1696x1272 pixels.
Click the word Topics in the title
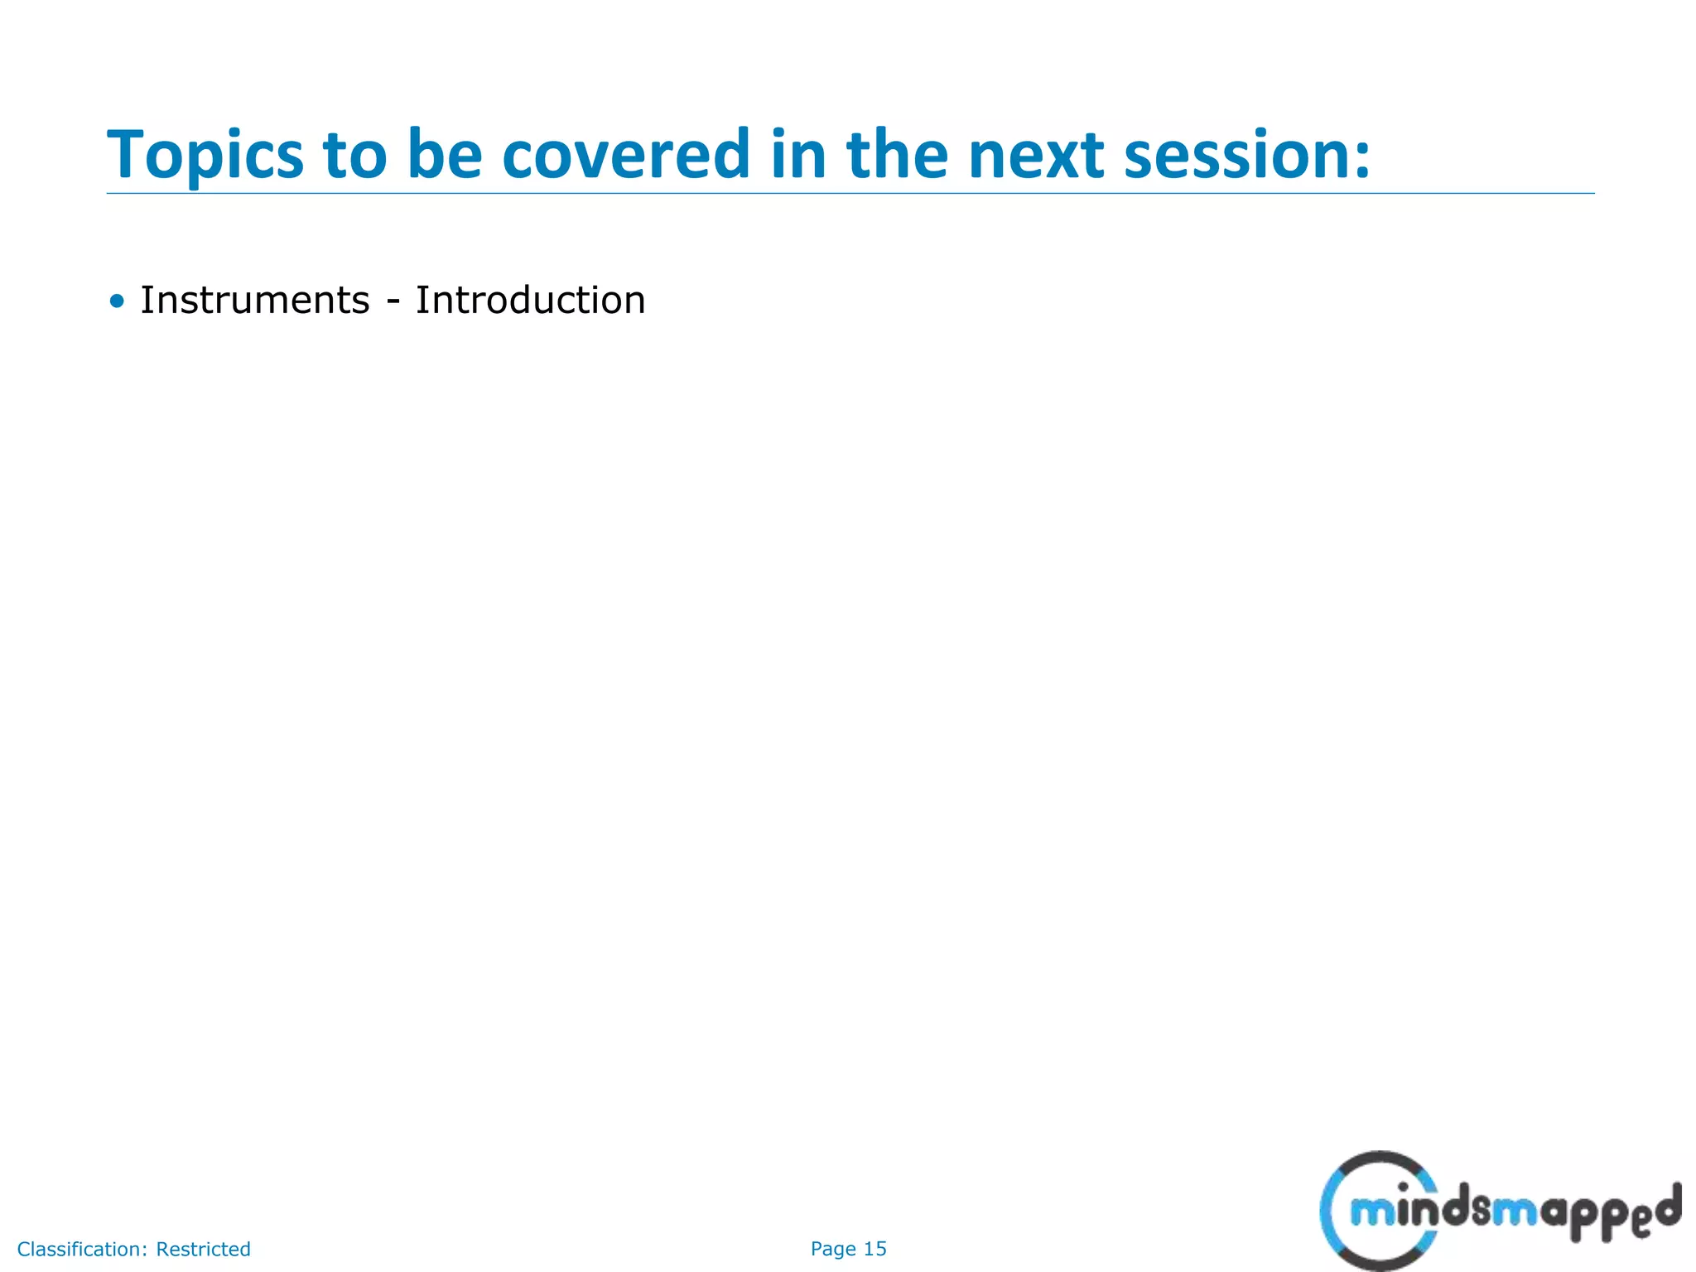pos(205,156)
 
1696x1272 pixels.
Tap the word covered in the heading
pos(626,156)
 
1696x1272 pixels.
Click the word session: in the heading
pos(1246,156)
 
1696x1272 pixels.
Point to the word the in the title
pos(897,156)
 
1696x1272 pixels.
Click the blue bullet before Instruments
pos(117,301)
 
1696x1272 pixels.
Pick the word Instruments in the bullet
pos(254,300)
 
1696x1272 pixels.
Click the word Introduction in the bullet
pos(530,300)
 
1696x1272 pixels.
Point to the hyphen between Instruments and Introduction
pos(393,303)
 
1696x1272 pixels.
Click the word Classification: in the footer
pos(83,1249)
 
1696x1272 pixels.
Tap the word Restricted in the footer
pos(203,1249)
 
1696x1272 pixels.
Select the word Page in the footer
pos(833,1249)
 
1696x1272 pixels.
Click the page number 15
pos(875,1249)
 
